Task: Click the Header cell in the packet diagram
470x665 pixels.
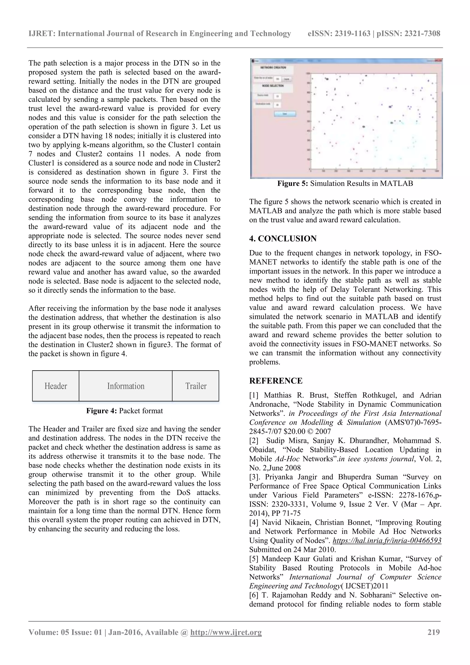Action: point(56,386)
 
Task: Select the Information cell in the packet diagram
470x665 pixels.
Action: point(126,386)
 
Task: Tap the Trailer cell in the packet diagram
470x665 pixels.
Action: point(196,386)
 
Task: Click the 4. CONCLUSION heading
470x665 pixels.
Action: point(283,239)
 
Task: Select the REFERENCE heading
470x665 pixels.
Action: point(276,380)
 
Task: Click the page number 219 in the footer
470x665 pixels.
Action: point(434,632)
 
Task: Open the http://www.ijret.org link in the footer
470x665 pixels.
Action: point(226,632)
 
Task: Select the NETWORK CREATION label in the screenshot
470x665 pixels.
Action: point(273,68)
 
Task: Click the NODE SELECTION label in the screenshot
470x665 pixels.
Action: point(273,86)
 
